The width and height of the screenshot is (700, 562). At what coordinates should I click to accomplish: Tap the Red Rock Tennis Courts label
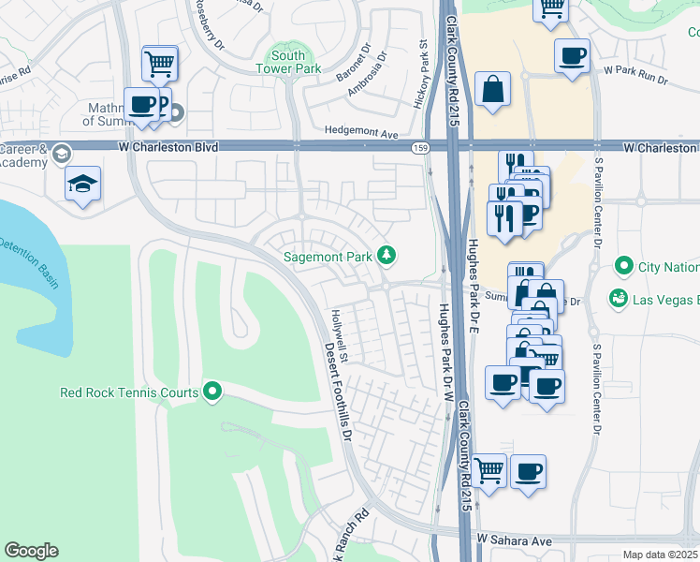point(128,392)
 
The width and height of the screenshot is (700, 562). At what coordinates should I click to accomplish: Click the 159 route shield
point(420,148)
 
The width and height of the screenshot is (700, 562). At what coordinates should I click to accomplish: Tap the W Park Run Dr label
point(635,70)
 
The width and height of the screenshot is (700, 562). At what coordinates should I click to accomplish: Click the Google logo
point(31,551)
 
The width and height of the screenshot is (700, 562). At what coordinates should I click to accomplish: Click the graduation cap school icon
point(83,184)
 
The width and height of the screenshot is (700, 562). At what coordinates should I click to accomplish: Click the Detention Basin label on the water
point(28,259)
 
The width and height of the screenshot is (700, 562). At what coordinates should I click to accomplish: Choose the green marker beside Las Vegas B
point(617,299)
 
